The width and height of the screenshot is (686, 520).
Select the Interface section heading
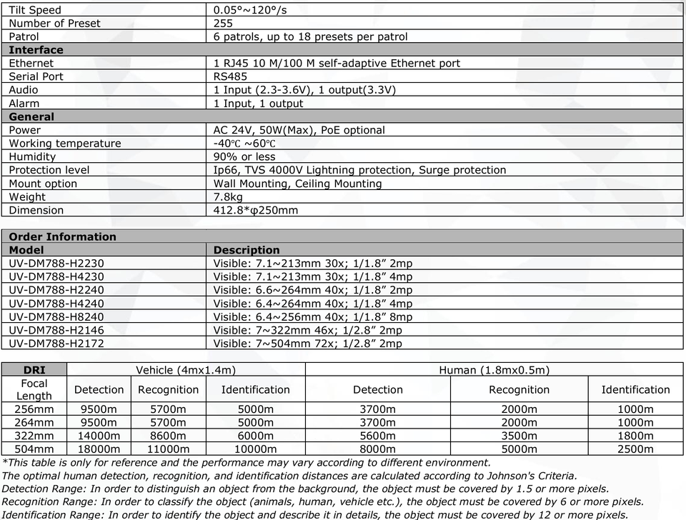click(36, 50)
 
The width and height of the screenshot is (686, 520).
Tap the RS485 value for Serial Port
click(230, 76)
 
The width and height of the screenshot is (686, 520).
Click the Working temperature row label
click(65, 144)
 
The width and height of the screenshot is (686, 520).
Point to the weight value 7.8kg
click(229, 196)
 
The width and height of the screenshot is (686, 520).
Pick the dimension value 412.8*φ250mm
click(256, 210)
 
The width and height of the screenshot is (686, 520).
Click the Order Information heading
click(62, 236)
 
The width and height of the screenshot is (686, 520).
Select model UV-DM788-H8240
click(56, 316)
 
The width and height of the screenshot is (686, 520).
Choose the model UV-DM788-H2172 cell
click(56, 343)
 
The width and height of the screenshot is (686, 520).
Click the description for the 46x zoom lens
click(307, 330)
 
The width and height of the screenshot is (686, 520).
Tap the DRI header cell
click(34, 369)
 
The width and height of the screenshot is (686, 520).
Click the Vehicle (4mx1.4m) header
click(186, 369)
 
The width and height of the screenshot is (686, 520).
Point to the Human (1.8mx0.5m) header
click(494, 369)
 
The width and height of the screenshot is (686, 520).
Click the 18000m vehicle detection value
click(99, 449)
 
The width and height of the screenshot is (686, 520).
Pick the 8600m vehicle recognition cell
click(168, 435)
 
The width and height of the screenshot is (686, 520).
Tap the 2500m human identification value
click(635, 449)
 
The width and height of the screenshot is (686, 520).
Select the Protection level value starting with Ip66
click(359, 170)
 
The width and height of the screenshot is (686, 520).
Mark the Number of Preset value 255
click(223, 24)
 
